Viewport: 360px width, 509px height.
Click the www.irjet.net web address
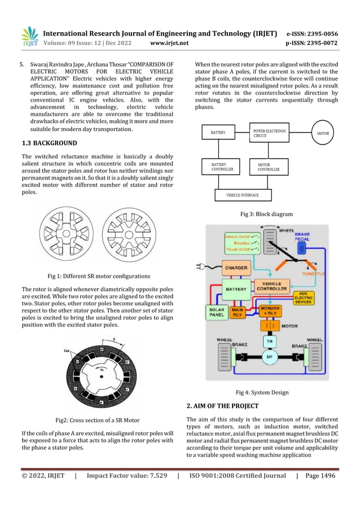pos(169,42)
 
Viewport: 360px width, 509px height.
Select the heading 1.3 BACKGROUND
pos(49,143)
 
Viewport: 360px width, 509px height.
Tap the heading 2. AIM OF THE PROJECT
pos(222,406)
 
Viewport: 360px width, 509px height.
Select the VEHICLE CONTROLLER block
pos(272,286)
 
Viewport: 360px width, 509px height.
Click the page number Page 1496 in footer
pos(320,475)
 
